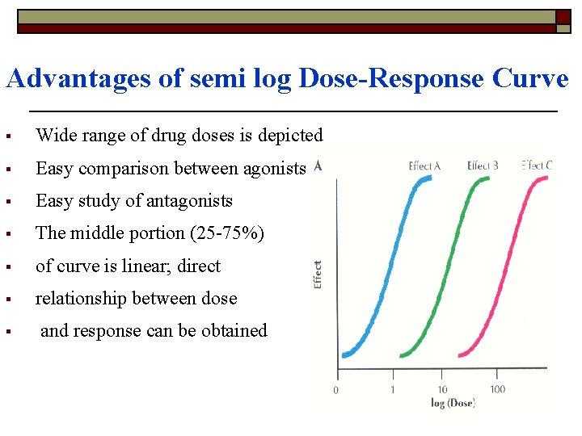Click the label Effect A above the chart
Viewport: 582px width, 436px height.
point(424,166)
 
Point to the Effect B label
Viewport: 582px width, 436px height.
point(483,166)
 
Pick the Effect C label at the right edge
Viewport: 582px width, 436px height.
point(537,166)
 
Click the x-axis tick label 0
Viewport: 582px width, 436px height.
point(336,391)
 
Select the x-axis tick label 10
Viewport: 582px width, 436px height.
point(442,390)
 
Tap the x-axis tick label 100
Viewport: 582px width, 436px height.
point(497,389)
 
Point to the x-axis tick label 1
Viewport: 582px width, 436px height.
point(393,390)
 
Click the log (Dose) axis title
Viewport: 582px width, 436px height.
point(453,403)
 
